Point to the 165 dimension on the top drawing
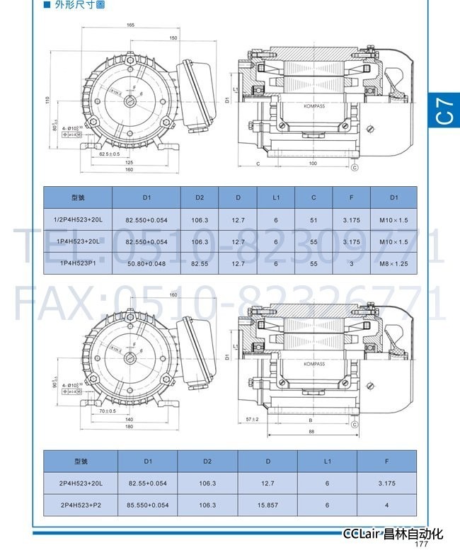pos(131,25)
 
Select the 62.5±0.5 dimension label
pos(109,153)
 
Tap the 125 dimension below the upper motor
pos(130,162)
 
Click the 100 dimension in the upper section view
pos(312,163)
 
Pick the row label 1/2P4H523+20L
pos(78,220)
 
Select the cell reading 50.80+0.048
pos(147,263)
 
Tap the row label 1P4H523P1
pos(78,263)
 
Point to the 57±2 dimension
pos(253,419)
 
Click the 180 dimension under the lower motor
pos(130,427)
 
